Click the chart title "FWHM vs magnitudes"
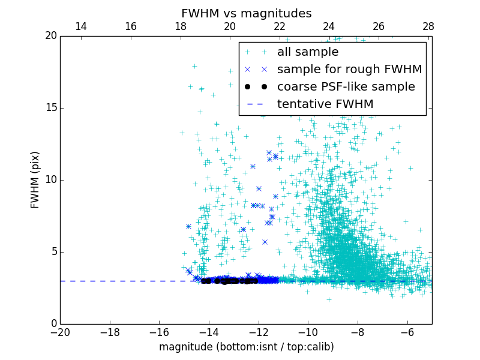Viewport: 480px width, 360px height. (246, 13)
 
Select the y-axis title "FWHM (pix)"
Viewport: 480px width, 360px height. (35, 180)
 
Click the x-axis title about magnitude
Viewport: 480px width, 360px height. (246, 347)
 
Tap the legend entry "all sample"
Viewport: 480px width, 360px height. (307, 52)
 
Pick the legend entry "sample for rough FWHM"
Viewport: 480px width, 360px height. (349, 70)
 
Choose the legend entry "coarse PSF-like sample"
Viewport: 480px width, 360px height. (346, 87)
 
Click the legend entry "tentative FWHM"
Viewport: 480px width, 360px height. (325, 104)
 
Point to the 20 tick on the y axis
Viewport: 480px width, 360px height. (50, 36)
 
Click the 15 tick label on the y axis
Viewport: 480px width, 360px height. (50, 108)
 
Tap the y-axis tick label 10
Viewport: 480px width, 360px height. (50, 180)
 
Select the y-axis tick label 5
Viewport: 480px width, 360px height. (53, 252)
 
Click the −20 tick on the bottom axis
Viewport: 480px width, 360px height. (60, 332)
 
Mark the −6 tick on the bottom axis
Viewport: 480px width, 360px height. (407, 332)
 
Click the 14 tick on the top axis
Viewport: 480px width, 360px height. (80, 26)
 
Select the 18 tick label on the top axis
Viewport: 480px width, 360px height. (180, 26)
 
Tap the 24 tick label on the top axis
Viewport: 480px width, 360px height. (329, 26)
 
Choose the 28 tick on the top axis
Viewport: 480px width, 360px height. (428, 26)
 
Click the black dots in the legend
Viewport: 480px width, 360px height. (256, 87)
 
